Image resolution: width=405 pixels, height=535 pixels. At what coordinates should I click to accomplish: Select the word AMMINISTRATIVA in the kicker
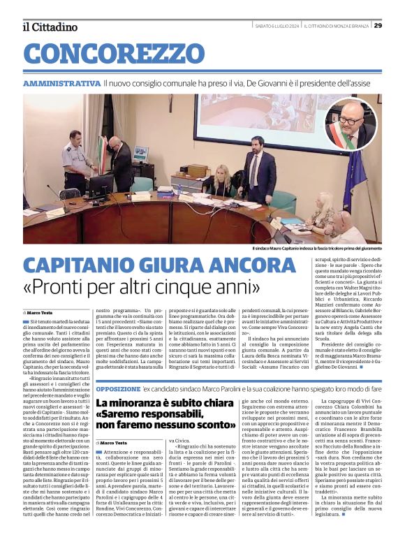61,83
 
